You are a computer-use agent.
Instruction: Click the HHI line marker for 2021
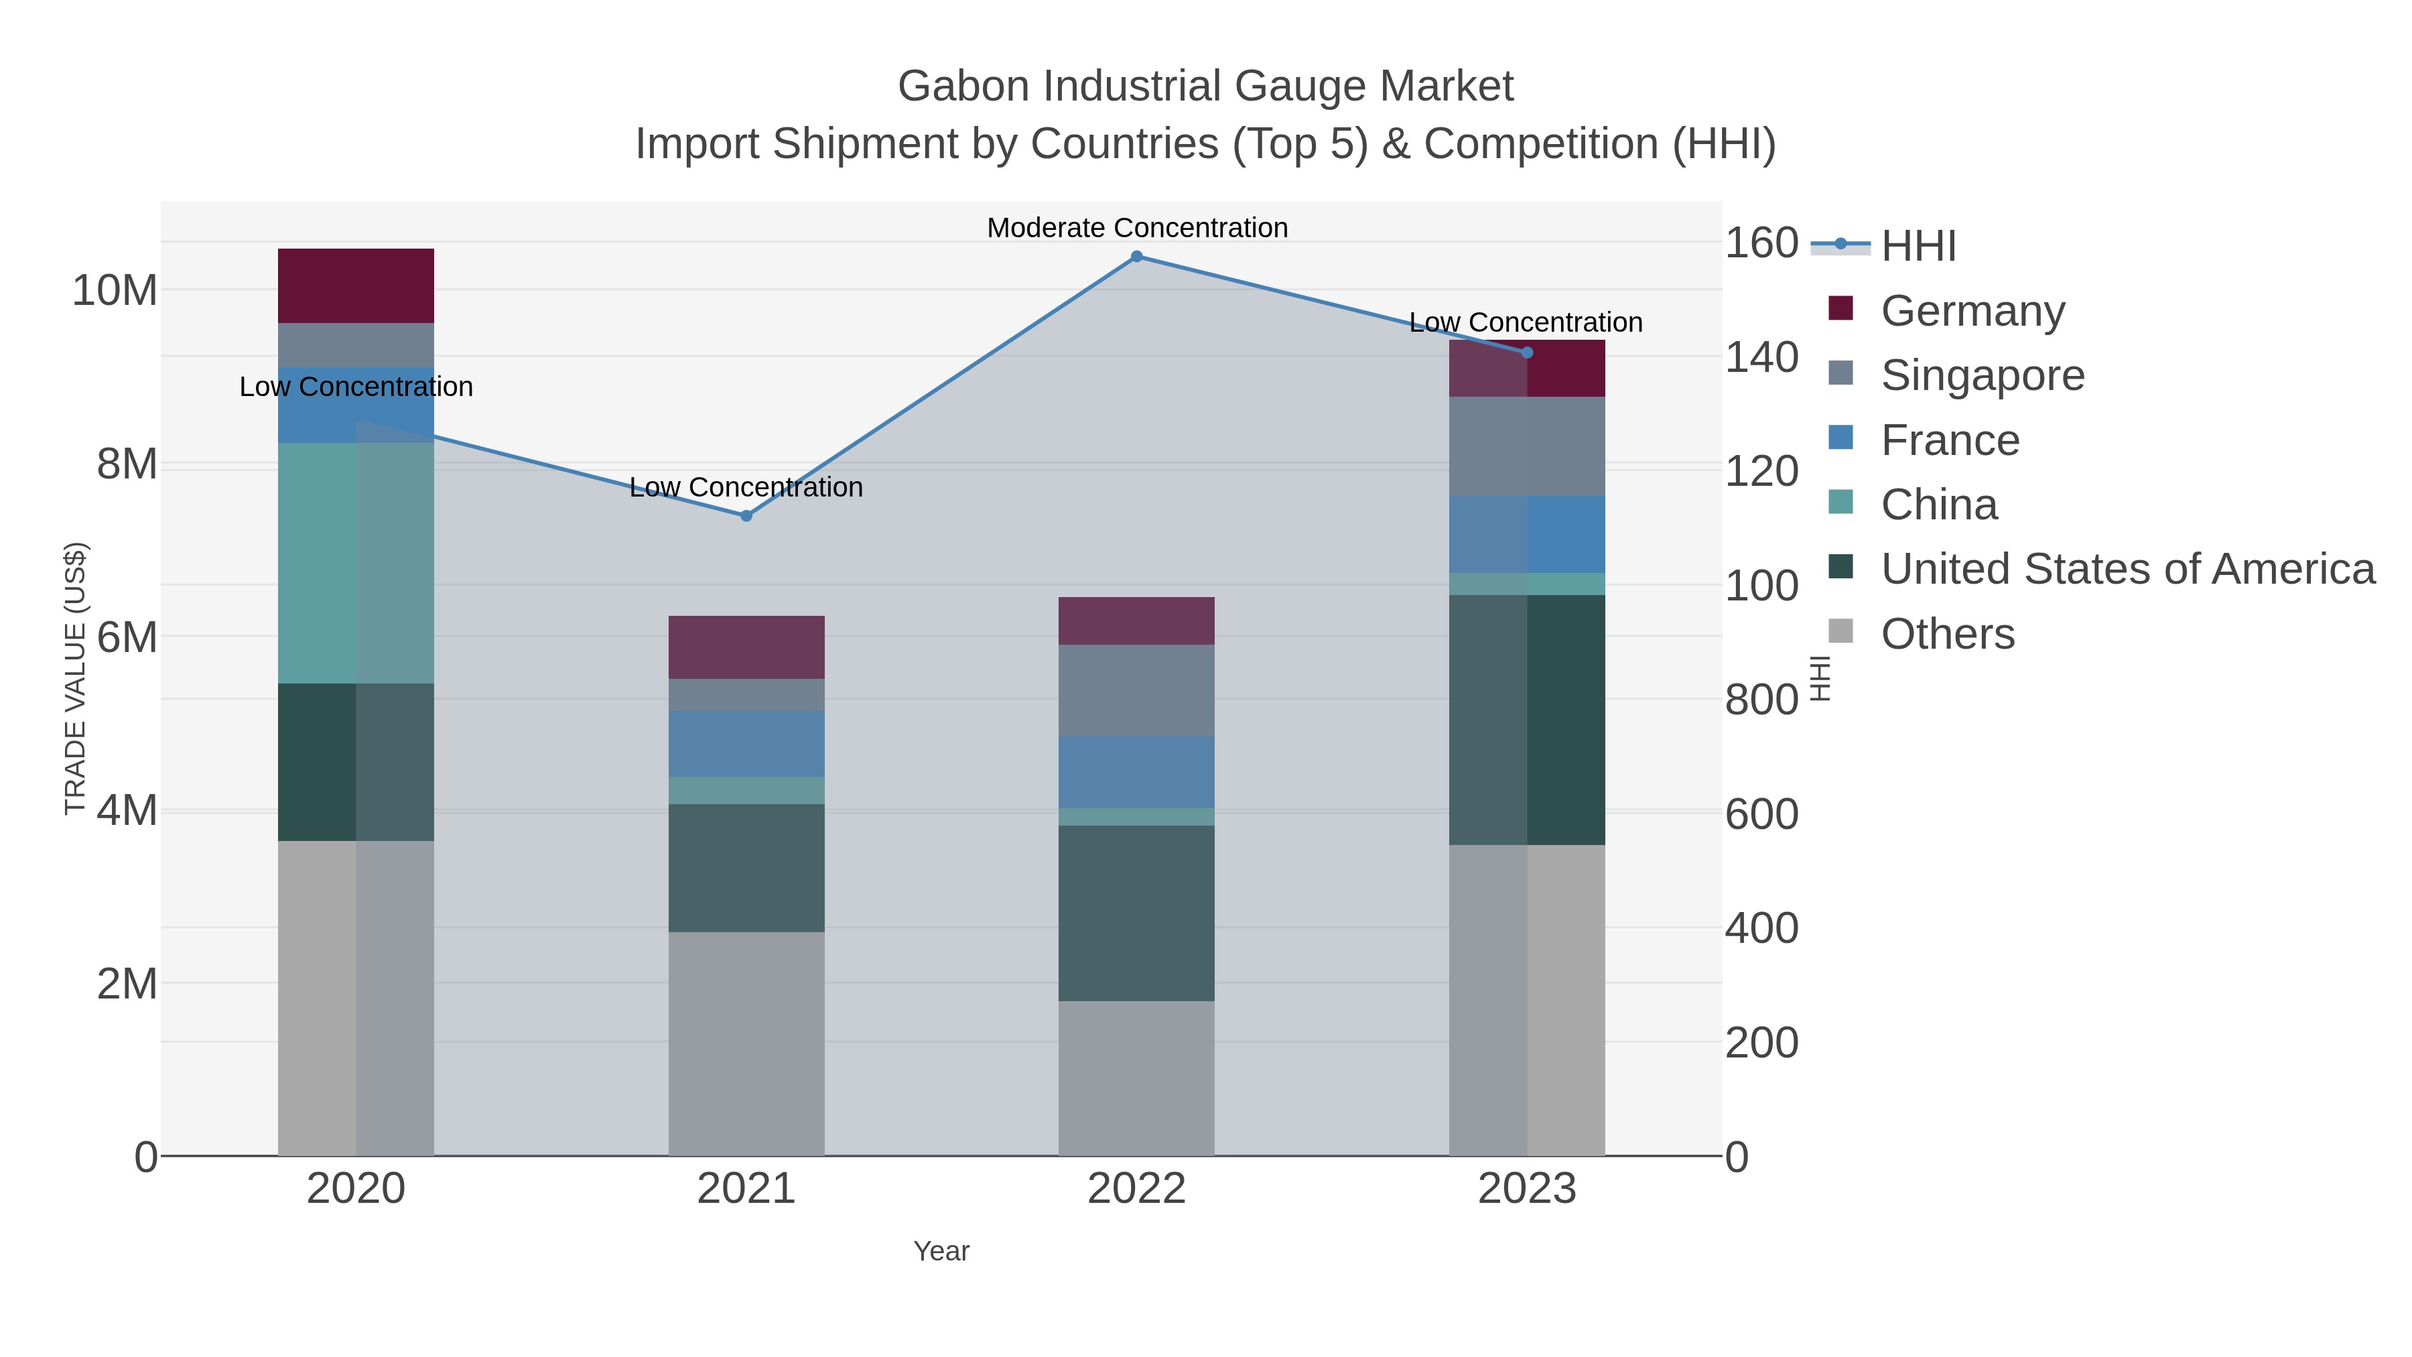[x=746, y=516]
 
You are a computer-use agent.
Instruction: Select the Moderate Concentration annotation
[x=1137, y=228]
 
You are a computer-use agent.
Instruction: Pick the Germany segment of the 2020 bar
[x=356, y=285]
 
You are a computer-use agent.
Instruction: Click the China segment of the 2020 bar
[x=356, y=562]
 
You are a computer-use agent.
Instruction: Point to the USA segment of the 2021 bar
[x=746, y=867]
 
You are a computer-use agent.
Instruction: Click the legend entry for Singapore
[x=1983, y=375]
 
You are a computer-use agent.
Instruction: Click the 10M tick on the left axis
[x=114, y=290]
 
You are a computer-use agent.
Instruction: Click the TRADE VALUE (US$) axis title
[x=75, y=678]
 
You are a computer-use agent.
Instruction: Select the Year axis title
[x=941, y=1251]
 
